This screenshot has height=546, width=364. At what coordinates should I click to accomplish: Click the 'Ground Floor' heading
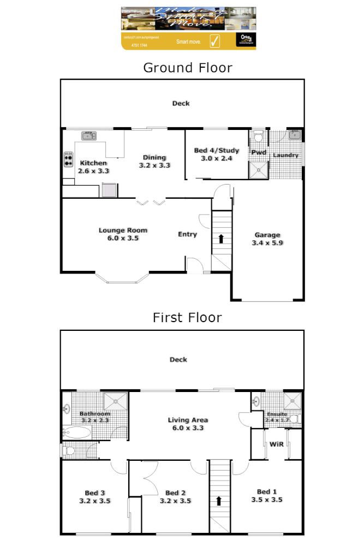click(x=187, y=68)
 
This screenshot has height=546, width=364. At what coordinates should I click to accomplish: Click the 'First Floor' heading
click(x=187, y=317)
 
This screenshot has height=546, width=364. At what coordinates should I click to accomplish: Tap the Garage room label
click(x=267, y=235)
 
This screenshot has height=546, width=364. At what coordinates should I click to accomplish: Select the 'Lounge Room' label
click(x=123, y=230)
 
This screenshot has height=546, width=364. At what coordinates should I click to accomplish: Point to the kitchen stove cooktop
click(x=69, y=158)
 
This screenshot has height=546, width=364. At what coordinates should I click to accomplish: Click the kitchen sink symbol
click(x=88, y=135)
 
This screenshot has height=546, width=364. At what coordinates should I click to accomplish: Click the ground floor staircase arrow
click(x=221, y=238)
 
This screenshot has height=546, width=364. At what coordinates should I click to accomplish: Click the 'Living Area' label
click(x=187, y=420)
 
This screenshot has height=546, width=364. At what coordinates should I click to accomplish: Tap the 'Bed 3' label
click(x=94, y=491)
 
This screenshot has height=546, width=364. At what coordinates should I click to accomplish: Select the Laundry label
click(x=285, y=155)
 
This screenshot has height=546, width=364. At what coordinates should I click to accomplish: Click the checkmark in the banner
click(x=214, y=40)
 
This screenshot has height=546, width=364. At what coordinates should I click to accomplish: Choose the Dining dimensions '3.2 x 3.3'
click(x=155, y=164)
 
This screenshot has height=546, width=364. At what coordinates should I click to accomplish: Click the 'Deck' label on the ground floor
click(x=181, y=103)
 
